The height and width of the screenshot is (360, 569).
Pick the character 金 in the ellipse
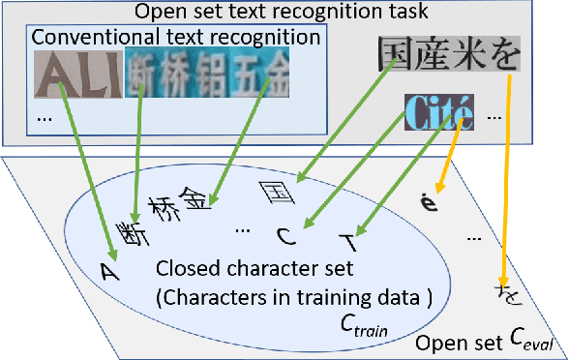click(195, 198)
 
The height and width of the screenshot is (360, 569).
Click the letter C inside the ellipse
click(284, 234)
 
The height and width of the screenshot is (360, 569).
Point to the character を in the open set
click(503, 289)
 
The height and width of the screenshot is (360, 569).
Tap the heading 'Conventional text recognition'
click(176, 37)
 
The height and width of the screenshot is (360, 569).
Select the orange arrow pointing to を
click(504, 184)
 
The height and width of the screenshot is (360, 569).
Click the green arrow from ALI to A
click(88, 174)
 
